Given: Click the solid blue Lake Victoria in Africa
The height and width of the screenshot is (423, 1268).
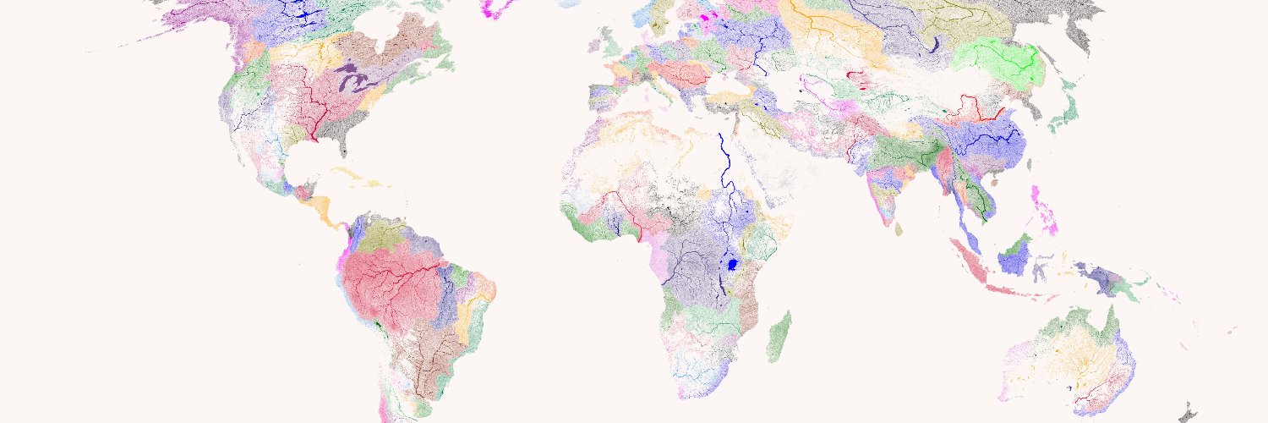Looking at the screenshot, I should click(733, 264).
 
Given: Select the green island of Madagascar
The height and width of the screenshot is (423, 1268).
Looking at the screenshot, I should click(780, 335).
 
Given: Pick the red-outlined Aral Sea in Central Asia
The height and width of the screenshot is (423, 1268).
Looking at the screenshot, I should click(858, 80).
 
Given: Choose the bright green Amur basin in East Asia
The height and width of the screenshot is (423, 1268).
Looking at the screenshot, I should click(997, 59).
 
